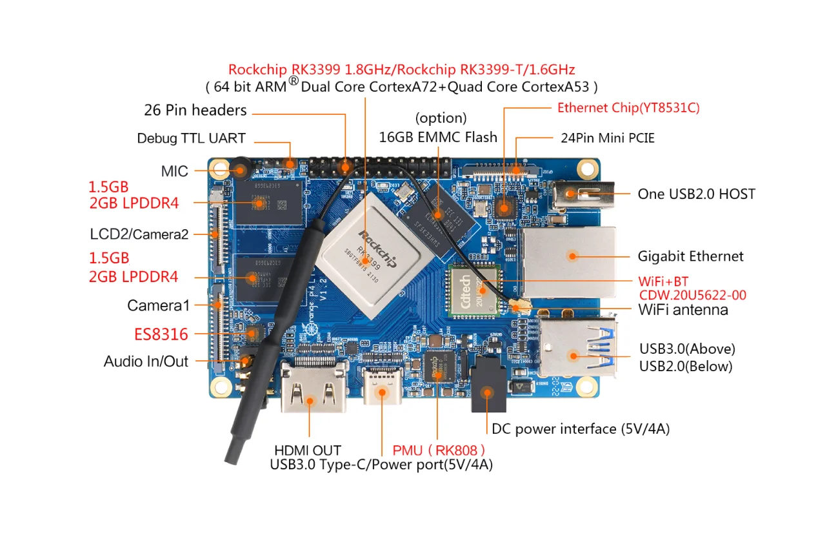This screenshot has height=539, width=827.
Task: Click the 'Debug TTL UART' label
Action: pos(191,138)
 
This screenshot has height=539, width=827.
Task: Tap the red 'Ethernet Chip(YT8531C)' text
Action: pos(628,108)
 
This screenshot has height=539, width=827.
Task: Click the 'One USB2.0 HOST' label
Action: pos(696,194)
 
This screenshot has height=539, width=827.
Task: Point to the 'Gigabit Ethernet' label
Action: pos(690,256)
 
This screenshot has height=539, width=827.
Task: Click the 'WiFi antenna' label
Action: pos(683,310)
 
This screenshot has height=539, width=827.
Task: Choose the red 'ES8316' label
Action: pos(161,334)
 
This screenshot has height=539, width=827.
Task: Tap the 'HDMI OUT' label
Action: pos(307,450)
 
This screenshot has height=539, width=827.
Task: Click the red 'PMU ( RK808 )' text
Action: pos(439,450)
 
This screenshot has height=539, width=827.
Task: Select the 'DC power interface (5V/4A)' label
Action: pos(580,429)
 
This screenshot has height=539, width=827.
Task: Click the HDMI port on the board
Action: pos(313,390)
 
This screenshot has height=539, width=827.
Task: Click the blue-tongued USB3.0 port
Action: pos(576,349)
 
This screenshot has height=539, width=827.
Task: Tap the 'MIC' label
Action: pos(175,171)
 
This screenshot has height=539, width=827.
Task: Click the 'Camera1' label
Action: pos(159,305)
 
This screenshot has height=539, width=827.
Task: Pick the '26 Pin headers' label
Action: pos(195,110)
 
